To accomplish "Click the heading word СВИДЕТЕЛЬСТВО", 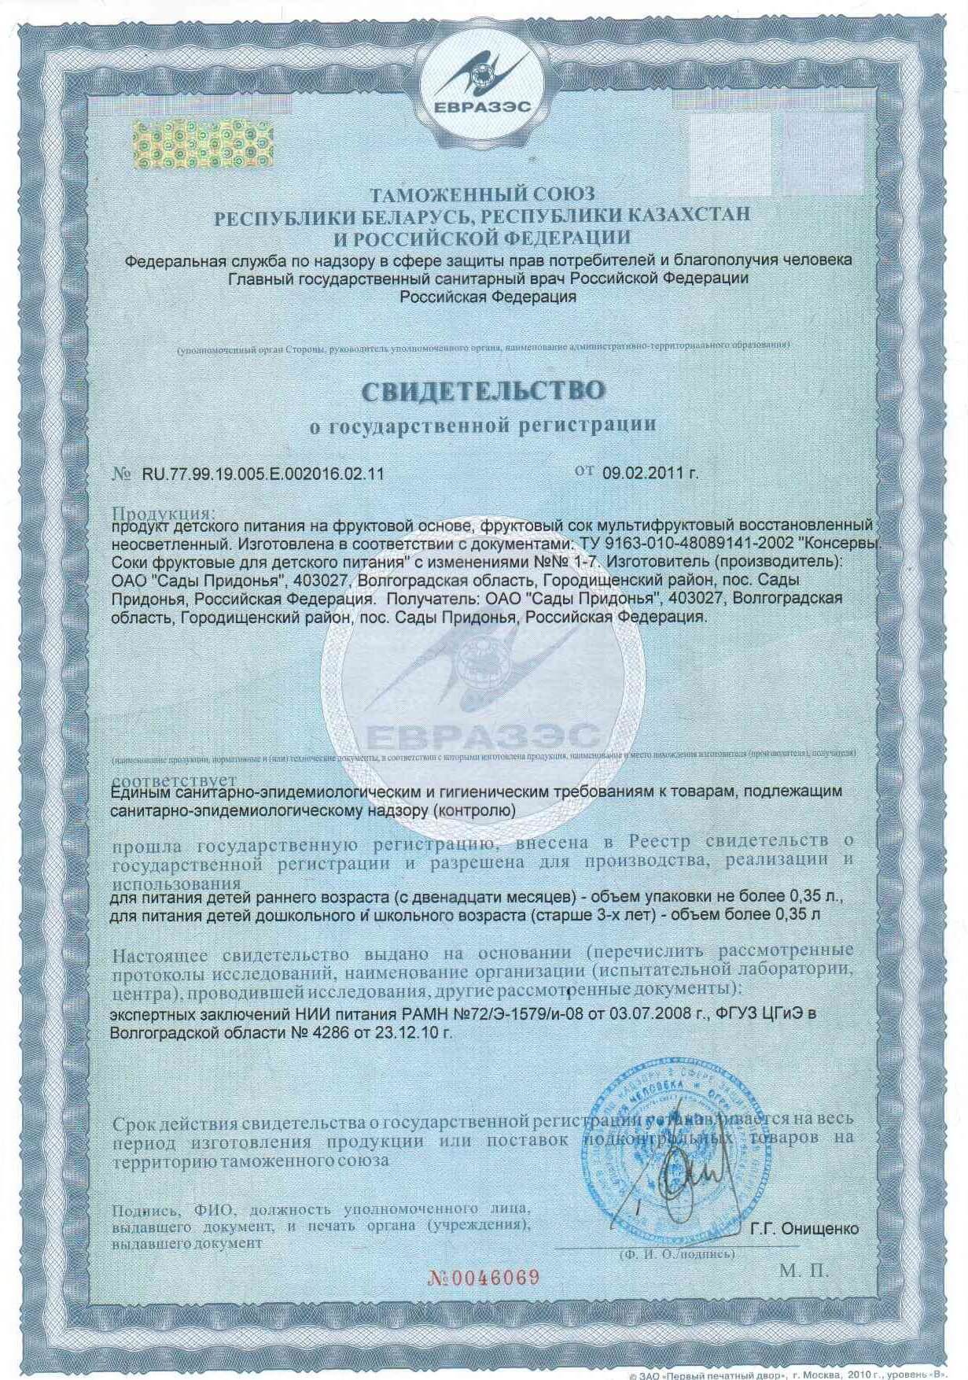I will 484,390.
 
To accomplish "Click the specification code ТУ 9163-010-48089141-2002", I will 680,544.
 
